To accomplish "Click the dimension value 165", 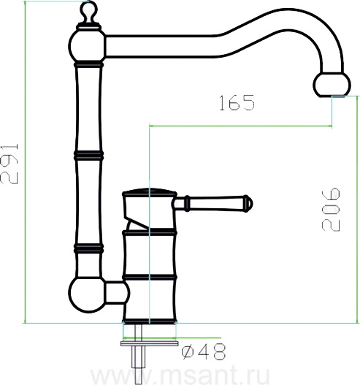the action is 237,102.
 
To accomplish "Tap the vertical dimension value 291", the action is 9,164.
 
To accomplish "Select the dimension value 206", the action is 331,210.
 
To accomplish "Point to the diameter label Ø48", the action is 204,351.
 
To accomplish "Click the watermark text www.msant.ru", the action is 180,375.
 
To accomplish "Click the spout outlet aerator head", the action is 332,85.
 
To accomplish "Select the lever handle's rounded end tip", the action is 248,203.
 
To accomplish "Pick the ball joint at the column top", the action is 87,45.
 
